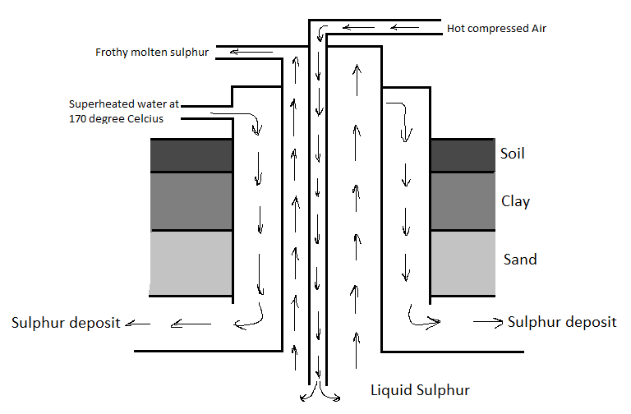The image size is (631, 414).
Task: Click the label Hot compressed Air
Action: tap(496, 29)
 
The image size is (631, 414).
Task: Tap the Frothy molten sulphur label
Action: tap(152, 53)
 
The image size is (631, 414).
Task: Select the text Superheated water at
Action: tap(124, 104)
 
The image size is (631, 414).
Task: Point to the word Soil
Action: tap(512, 154)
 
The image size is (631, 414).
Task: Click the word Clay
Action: tap(515, 201)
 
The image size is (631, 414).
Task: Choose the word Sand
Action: tap(519, 260)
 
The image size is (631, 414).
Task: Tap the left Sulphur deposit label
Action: tap(66, 323)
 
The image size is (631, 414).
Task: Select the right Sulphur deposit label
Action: tap(562, 321)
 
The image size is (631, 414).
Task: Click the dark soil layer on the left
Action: tap(191, 155)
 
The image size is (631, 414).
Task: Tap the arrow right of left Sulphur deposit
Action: tap(138, 324)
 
